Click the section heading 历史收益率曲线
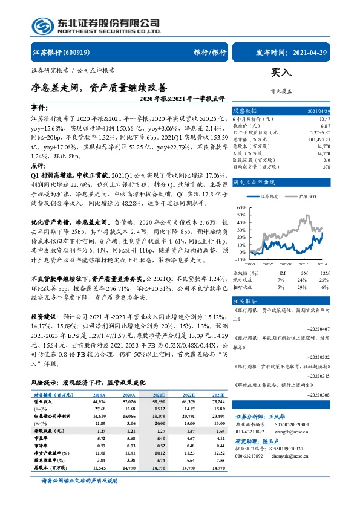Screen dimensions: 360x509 point(255,181)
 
